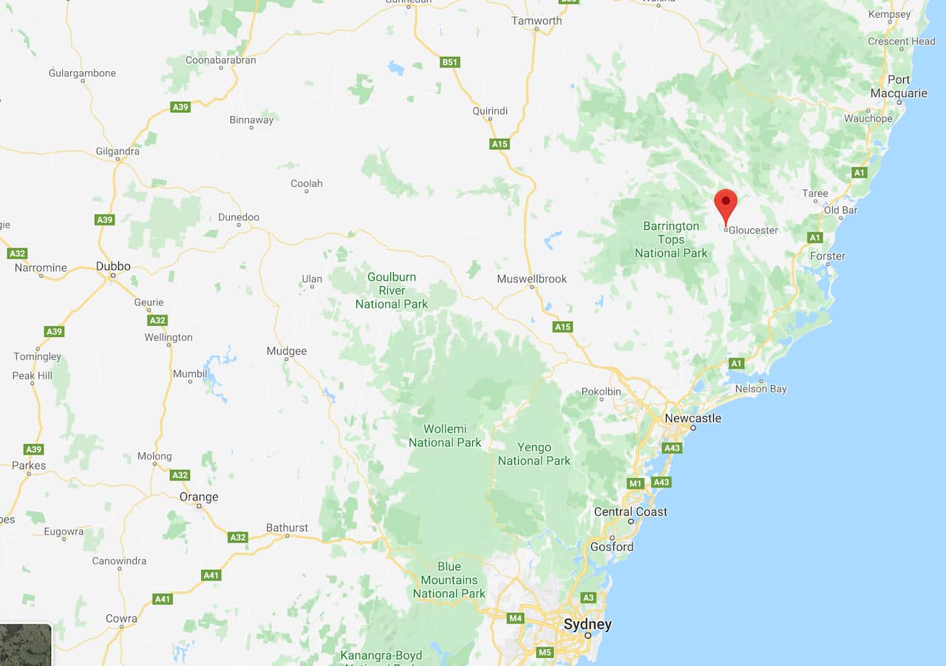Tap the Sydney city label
[588, 625]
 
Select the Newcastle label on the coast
[693, 418]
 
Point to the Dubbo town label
[113, 267]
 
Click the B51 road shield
[450, 62]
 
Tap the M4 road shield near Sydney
[515, 618]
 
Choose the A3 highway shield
[588, 598]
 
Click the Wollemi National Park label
[445, 436]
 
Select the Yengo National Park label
[534, 454]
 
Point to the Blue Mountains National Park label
[449, 580]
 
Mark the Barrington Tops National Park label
[671, 239]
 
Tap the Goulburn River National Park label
[392, 290]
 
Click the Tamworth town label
[537, 21]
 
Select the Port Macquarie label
[899, 86]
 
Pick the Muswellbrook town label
[532, 279]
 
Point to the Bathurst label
[287, 528]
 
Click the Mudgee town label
[287, 351]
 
